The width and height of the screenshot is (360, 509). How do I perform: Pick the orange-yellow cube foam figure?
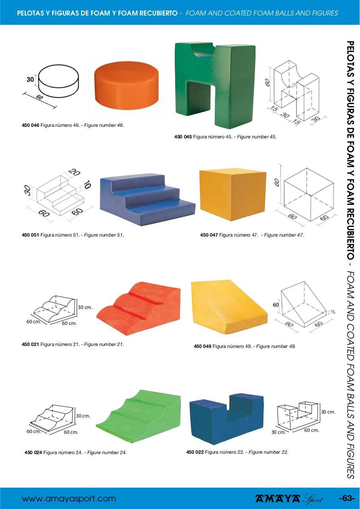232,194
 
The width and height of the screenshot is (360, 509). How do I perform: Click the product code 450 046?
30,125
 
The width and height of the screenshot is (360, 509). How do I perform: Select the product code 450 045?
183,137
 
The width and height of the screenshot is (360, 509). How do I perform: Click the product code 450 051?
30,235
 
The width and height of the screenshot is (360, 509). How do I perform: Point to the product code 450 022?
195,452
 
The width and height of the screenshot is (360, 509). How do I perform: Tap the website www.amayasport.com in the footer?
69,499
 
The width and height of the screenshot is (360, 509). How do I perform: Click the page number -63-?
346,499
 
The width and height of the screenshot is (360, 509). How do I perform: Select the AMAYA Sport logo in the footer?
289,499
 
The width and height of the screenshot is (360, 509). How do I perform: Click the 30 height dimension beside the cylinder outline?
30,80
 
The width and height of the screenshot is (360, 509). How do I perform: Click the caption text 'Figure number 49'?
276,346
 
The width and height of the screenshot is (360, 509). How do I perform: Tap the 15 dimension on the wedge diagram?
332,311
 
